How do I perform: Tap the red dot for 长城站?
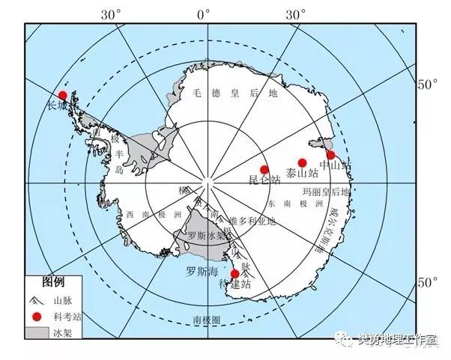tap(63, 95)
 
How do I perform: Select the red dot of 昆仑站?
tap(264, 170)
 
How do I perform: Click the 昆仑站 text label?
tap(264, 180)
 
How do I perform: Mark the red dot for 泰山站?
tap(303, 162)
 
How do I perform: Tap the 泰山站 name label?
tap(302, 174)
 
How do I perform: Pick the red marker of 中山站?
tap(330, 155)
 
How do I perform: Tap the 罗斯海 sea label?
tap(201, 272)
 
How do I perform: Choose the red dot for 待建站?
tap(235, 274)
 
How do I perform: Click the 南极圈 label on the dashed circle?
tap(206, 320)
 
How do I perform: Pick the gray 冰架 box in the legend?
tap(37, 330)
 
